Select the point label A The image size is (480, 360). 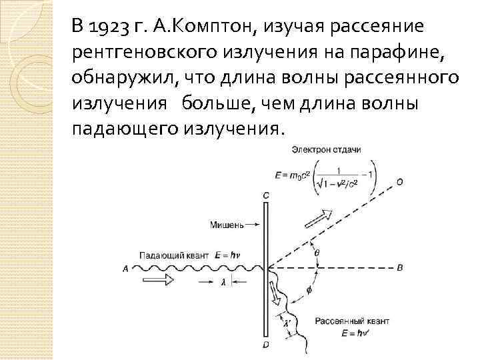[x=125, y=269]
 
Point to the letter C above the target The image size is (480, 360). [x=266, y=194]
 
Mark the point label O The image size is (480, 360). [x=399, y=181]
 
